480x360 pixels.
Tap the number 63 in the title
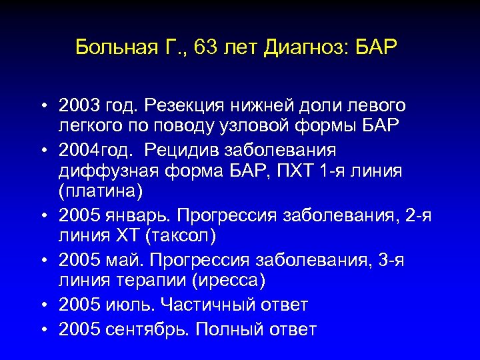click(199, 47)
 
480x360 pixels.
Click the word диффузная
click(106, 171)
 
